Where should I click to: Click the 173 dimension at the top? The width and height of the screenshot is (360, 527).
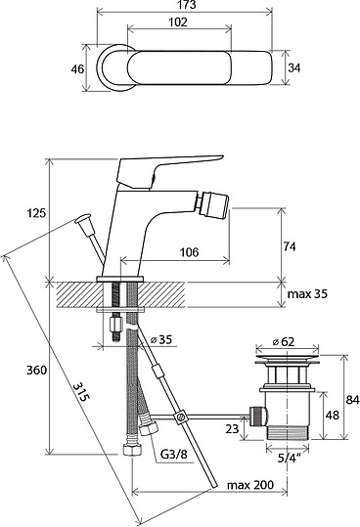tap(188, 5)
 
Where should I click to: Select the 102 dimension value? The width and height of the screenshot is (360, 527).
tap(178, 22)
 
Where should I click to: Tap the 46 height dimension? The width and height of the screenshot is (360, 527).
tap(77, 69)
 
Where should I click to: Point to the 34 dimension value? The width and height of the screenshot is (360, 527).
tap(294, 67)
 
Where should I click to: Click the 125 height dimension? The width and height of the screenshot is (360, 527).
tap(36, 213)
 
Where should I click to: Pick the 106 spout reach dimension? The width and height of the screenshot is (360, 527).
tap(189, 251)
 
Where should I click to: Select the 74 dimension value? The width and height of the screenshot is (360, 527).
tap(290, 246)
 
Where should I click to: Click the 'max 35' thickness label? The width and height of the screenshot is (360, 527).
tap(307, 294)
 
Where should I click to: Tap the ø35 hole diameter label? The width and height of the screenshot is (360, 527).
tap(161, 339)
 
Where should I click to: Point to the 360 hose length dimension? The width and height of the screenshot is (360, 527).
tap(36, 370)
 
